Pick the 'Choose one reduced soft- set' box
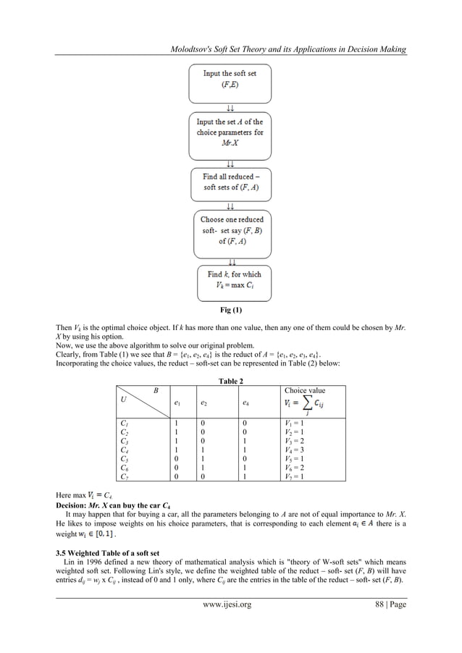tap(231, 230)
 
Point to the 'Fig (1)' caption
tap(231, 310)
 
